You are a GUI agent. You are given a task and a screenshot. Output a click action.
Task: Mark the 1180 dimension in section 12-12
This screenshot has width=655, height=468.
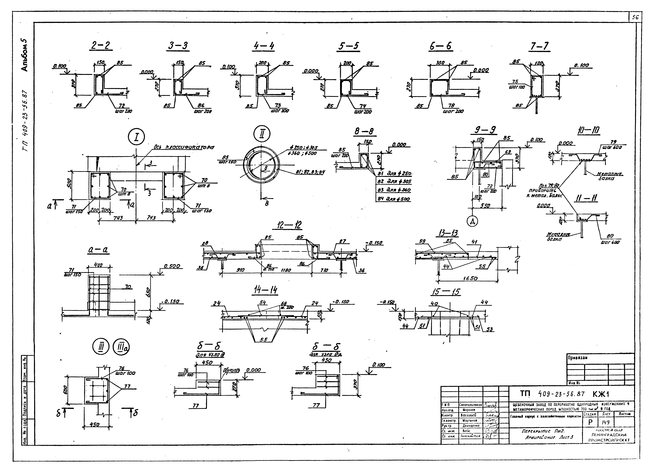286,270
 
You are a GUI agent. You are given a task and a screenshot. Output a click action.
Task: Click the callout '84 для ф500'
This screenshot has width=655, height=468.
394,199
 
